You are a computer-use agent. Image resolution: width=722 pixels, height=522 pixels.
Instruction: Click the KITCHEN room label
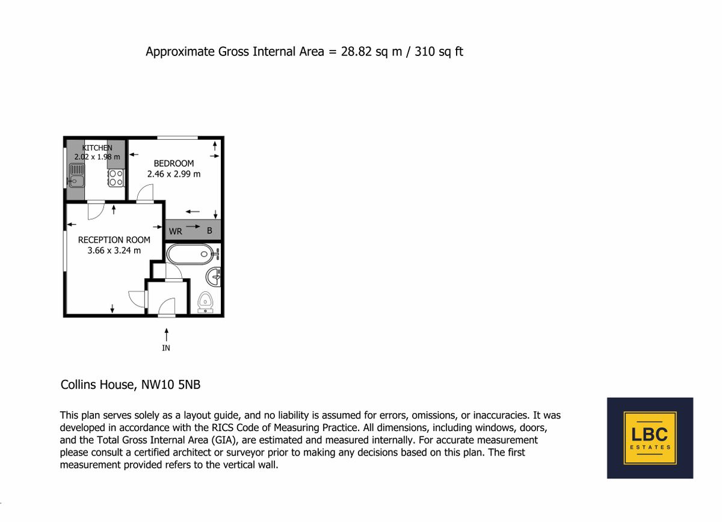[97, 148]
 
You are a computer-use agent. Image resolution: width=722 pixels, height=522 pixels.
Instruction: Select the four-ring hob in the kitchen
[116, 176]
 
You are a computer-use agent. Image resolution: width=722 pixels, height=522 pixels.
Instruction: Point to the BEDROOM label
[174, 163]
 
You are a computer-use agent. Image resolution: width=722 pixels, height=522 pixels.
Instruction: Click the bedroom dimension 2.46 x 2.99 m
[174, 174]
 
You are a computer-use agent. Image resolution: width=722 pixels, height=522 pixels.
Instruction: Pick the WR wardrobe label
[175, 231]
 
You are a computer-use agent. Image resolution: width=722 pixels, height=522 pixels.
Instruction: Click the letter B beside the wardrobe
[209, 231]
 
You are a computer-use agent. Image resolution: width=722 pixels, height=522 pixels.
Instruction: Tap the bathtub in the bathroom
[189, 253]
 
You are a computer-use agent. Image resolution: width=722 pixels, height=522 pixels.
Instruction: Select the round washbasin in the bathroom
[214, 277]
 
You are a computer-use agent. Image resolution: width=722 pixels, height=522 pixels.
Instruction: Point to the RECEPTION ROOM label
[114, 240]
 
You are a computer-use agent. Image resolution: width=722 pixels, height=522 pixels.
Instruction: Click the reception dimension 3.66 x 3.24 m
[114, 250]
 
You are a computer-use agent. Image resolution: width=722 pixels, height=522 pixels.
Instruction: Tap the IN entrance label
[166, 348]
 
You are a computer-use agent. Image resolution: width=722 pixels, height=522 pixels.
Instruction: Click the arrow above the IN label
[166, 332]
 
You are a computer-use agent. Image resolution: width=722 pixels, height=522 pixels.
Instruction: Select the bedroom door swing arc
[146, 193]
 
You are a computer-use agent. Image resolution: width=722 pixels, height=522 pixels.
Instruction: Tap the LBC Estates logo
[650, 438]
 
